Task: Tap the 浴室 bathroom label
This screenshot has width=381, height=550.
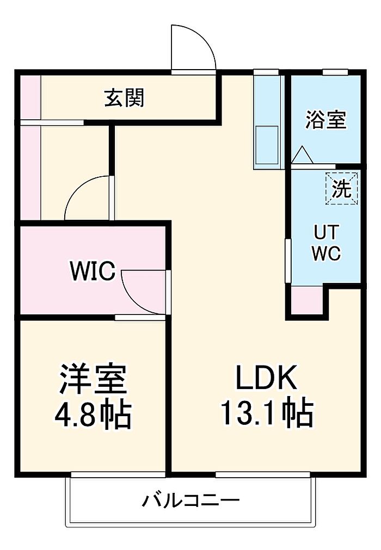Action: tap(325, 120)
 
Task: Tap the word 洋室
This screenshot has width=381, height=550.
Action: tap(93, 379)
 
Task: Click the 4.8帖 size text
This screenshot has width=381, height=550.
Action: tap(93, 415)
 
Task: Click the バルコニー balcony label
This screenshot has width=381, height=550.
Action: tap(190, 500)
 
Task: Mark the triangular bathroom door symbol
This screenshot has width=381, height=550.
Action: tap(302, 156)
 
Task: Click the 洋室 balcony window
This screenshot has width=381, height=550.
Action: tap(117, 474)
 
